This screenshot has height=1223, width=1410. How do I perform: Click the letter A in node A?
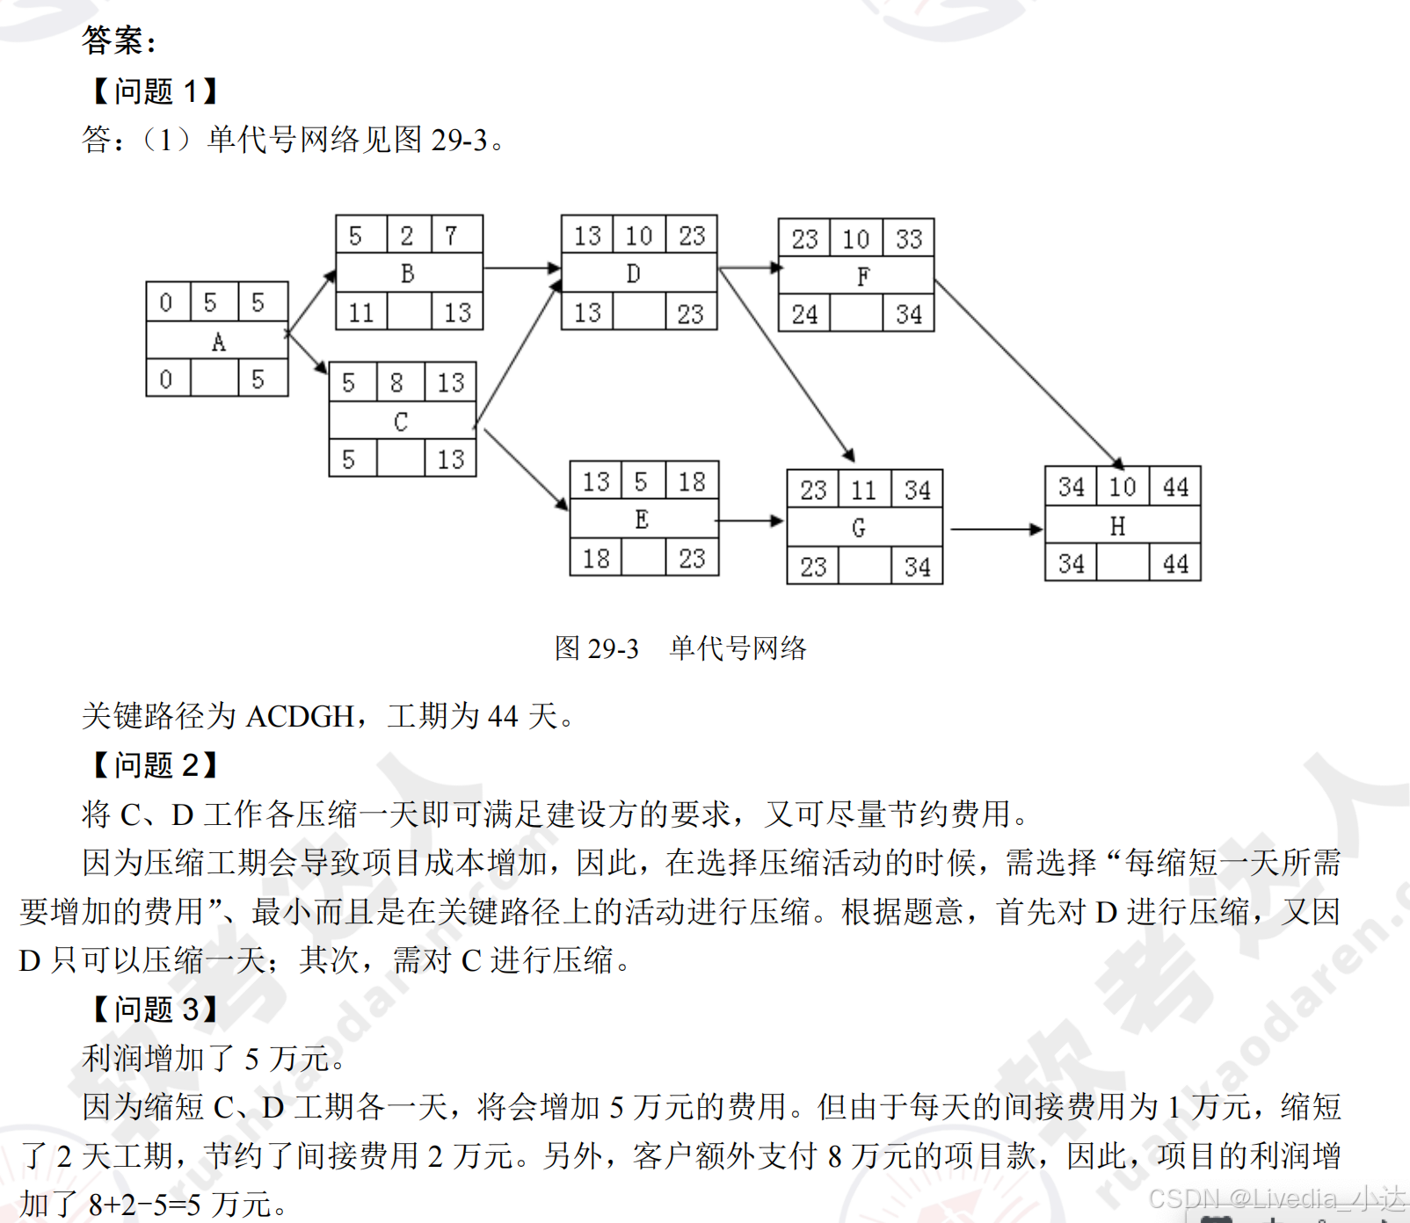click(218, 342)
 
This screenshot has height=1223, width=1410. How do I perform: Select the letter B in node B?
click(407, 274)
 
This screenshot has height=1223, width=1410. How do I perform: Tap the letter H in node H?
click(1117, 526)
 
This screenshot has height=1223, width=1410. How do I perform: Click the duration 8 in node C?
click(396, 383)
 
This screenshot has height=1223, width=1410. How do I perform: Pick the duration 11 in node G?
click(863, 490)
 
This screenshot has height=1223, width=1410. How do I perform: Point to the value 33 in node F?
click(909, 239)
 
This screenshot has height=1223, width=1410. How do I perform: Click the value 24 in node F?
click(804, 315)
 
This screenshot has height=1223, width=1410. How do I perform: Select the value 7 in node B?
click(451, 235)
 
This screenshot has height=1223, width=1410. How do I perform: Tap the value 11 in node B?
click(361, 313)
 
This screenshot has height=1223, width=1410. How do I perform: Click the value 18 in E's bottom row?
click(596, 559)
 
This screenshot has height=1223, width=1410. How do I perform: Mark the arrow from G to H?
click(995, 529)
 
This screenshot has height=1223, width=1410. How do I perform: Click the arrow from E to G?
click(750, 521)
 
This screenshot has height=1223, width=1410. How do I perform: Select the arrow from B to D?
click(521, 267)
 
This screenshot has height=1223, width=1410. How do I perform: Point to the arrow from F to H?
click(1027, 373)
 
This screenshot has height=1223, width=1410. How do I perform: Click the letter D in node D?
click(633, 274)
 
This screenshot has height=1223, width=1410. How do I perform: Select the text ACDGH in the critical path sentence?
click(299, 717)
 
